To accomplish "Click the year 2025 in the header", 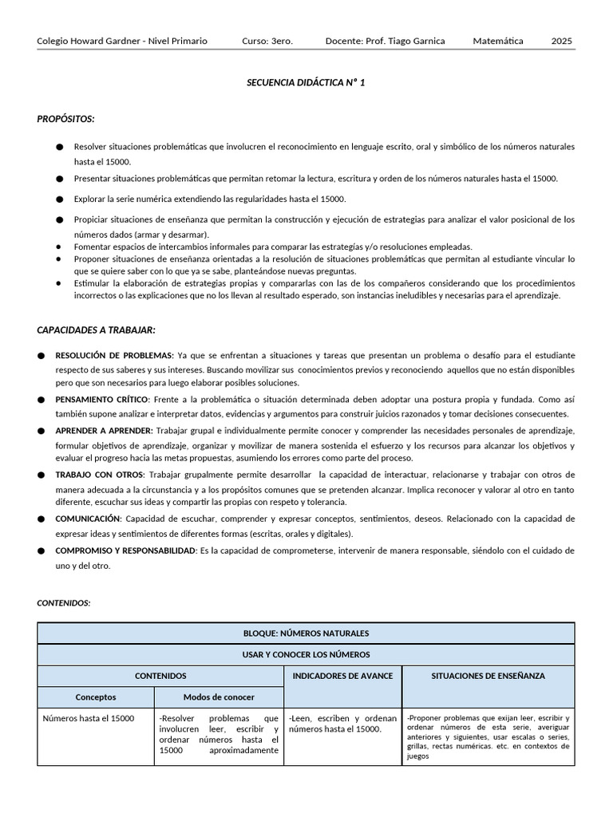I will pyautogui.click(x=561, y=41).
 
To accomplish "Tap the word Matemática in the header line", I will pyautogui.click(x=498, y=41).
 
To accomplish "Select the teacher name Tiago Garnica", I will pyautogui.click(x=417, y=41).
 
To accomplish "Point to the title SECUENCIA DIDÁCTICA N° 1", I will pyautogui.click(x=306, y=82).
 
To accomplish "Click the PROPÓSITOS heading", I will pyautogui.click(x=65, y=119).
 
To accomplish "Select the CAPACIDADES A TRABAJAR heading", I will pyautogui.click(x=96, y=330).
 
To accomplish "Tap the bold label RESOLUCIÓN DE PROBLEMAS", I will pyautogui.click(x=114, y=355).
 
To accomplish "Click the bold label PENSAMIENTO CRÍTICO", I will pyautogui.click(x=101, y=399).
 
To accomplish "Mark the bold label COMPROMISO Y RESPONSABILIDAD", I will pyautogui.click(x=125, y=551).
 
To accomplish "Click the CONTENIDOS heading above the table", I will pyautogui.click(x=64, y=603).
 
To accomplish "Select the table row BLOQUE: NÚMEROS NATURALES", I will pyautogui.click(x=306, y=633).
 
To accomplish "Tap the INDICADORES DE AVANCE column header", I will pyautogui.click(x=342, y=676).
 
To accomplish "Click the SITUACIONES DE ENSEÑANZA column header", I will pyautogui.click(x=488, y=676).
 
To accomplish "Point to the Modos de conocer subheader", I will pyautogui.click(x=219, y=697).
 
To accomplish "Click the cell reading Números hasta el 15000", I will pyautogui.click(x=88, y=718).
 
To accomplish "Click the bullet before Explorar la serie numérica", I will pyautogui.click(x=60, y=199).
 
